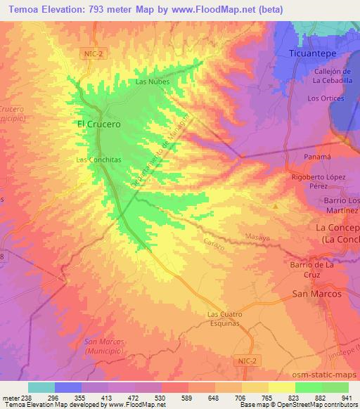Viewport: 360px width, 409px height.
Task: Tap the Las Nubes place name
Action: click(x=151, y=82)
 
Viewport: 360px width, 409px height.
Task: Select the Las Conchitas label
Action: click(x=98, y=160)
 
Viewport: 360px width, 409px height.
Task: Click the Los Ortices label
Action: click(x=324, y=98)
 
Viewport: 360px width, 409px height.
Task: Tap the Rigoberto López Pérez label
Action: click(x=319, y=181)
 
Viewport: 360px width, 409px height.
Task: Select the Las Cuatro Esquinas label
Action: click(x=224, y=318)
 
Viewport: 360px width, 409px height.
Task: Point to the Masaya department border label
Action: click(x=258, y=238)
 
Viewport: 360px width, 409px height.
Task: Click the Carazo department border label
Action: click(x=216, y=244)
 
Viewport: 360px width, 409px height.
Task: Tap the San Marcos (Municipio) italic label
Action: click(x=103, y=345)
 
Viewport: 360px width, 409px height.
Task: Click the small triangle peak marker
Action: click(x=276, y=207)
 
